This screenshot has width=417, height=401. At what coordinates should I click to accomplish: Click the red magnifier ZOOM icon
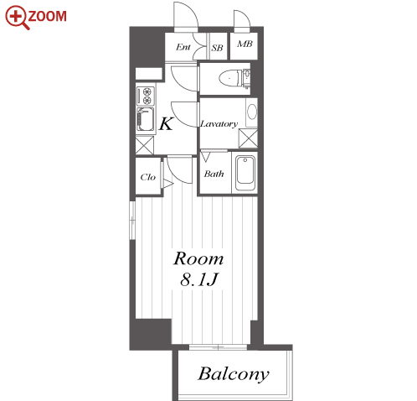pos(18,18)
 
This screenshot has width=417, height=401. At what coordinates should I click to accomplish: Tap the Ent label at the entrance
pos(183,47)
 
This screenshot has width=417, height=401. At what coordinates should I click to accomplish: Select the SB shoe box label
pos(217,48)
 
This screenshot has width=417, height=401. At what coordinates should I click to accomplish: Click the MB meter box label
pos(245,44)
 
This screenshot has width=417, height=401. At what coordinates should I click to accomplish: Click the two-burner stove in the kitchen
pos(146,96)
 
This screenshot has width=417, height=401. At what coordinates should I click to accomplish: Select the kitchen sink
pos(145,119)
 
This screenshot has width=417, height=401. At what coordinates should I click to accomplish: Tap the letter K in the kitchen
pos(166,124)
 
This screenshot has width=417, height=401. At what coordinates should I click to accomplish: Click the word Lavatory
pos(219,124)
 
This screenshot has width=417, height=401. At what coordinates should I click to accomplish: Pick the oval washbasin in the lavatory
pos(252,112)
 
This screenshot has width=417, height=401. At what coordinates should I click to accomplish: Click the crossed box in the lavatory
pos(248,138)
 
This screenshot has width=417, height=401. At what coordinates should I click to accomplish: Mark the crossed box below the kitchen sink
pos(145,145)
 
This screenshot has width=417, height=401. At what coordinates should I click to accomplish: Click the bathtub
pos(245,173)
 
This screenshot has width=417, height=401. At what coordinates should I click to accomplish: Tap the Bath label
pos(214,174)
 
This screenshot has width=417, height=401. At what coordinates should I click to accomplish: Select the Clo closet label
pos(148,177)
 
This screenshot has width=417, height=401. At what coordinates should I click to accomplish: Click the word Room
pos(198,258)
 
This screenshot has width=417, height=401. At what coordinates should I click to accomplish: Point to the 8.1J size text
pos(198,279)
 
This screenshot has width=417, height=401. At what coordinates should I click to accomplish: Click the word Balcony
pos(234,374)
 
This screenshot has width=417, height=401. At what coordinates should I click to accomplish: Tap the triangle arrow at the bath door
pos(205,157)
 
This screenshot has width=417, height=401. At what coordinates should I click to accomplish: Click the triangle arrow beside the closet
pos(168,184)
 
